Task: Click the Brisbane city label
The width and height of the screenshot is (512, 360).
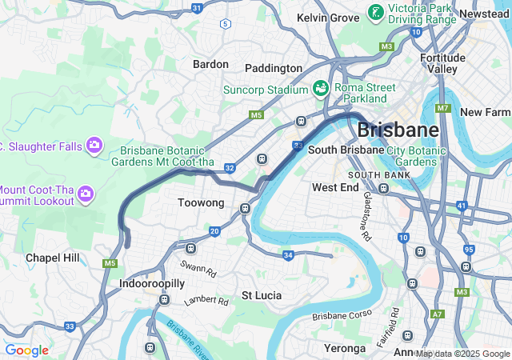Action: pyautogui.click(x=398, y=130)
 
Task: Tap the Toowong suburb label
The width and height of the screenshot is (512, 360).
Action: pyautogui.click(x=201, y=203)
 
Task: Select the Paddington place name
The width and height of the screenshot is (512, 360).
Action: pyautogui.click(x=274, y=69)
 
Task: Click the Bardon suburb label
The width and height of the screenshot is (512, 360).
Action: pyautogui.click(x=210, y=64)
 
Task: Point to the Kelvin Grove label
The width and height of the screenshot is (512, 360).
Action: pyautogui.click(x=328, y=18)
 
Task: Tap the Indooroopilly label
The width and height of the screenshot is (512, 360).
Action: pyautogui.click(x=152, y=284)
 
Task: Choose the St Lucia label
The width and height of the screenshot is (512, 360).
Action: pyautogui.click(x=262, y=295)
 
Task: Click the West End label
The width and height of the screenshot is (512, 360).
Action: pyautogui.click(x=335, y=187)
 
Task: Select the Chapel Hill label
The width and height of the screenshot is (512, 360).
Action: pyautogui.click(x=52, y=258)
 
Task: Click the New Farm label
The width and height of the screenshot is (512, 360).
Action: pyautogui.click(x=486, y=112)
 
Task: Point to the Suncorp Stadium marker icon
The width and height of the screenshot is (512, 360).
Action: pyautogui.click(x=321, y=88)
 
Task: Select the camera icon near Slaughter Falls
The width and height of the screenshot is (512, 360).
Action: pyautogui.click(x=94, y=145)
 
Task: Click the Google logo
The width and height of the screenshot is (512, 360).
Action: pyautogui.click(x=26, y=350)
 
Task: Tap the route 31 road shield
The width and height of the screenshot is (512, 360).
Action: pyautogui.click(x=197, y=7)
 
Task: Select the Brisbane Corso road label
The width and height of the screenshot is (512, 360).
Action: pyautogui.click(x=342, y=316)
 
